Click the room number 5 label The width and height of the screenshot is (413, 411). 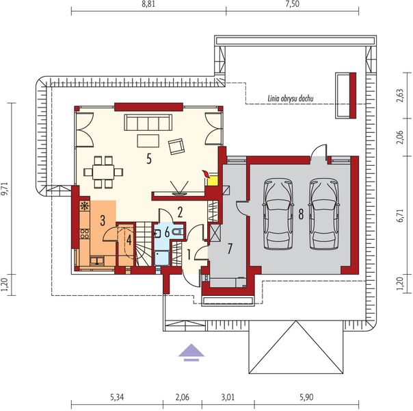148,159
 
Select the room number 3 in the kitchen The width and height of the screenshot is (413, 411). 102,220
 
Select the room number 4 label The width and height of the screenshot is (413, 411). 128,240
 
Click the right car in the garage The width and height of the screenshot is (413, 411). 323,214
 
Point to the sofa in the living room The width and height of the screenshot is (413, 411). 147,123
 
